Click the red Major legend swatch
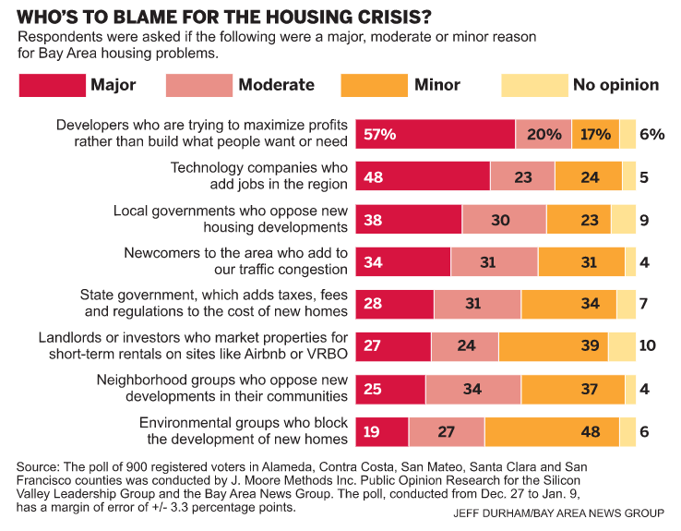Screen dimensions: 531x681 point(51,85)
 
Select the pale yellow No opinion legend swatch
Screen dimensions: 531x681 point(533,85)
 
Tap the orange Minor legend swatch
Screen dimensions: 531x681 point(372,85)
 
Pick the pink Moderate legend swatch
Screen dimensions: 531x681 point(198,85)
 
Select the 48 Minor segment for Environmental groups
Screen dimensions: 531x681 point(552,431)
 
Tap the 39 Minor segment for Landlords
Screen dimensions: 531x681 point(554,346)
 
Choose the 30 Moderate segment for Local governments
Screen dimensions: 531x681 point(504,219)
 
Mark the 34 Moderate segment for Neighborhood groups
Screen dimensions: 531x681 point(473,389)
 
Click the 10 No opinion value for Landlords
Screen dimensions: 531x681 point(648,346)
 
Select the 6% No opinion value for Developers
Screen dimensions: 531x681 point(651,134)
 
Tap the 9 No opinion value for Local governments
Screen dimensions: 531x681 point(644,219)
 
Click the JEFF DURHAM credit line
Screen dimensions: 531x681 point(558,513)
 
